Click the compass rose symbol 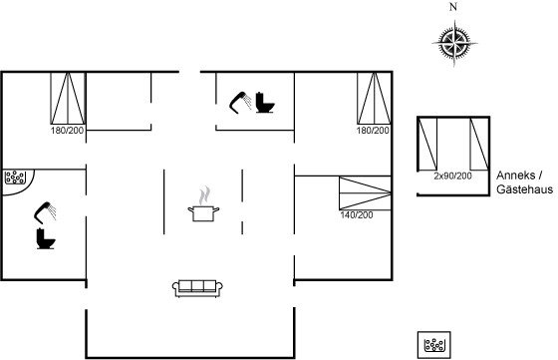454,44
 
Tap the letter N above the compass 453,7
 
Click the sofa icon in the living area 197,288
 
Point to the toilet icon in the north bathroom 265,103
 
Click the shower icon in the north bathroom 240,103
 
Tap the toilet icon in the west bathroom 46,238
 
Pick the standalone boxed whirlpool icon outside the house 434,345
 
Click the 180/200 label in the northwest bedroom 68,131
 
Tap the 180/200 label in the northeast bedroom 373,131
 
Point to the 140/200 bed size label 357,215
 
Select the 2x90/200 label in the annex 453,176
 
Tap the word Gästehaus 524,189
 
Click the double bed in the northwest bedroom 68,99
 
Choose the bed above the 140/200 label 365,193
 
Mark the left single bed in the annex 427,145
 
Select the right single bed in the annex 479,145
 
